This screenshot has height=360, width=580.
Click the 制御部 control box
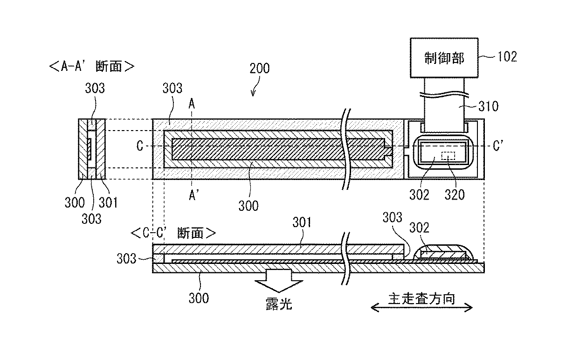444,58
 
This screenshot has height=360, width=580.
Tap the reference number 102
507,57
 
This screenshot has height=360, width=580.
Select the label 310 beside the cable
488,106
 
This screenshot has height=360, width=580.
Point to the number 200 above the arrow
259,69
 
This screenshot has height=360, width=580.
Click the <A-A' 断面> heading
91,66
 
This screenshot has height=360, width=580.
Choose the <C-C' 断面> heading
173,233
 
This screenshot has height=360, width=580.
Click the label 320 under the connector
454,194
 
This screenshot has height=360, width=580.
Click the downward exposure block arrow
279,282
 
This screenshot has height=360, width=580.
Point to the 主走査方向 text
421,297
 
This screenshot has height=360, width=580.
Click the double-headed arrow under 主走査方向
421,307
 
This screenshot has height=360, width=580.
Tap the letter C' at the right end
498,146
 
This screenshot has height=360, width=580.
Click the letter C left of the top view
140,146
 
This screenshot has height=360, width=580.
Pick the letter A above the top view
192,105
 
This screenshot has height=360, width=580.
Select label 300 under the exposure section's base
199,298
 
